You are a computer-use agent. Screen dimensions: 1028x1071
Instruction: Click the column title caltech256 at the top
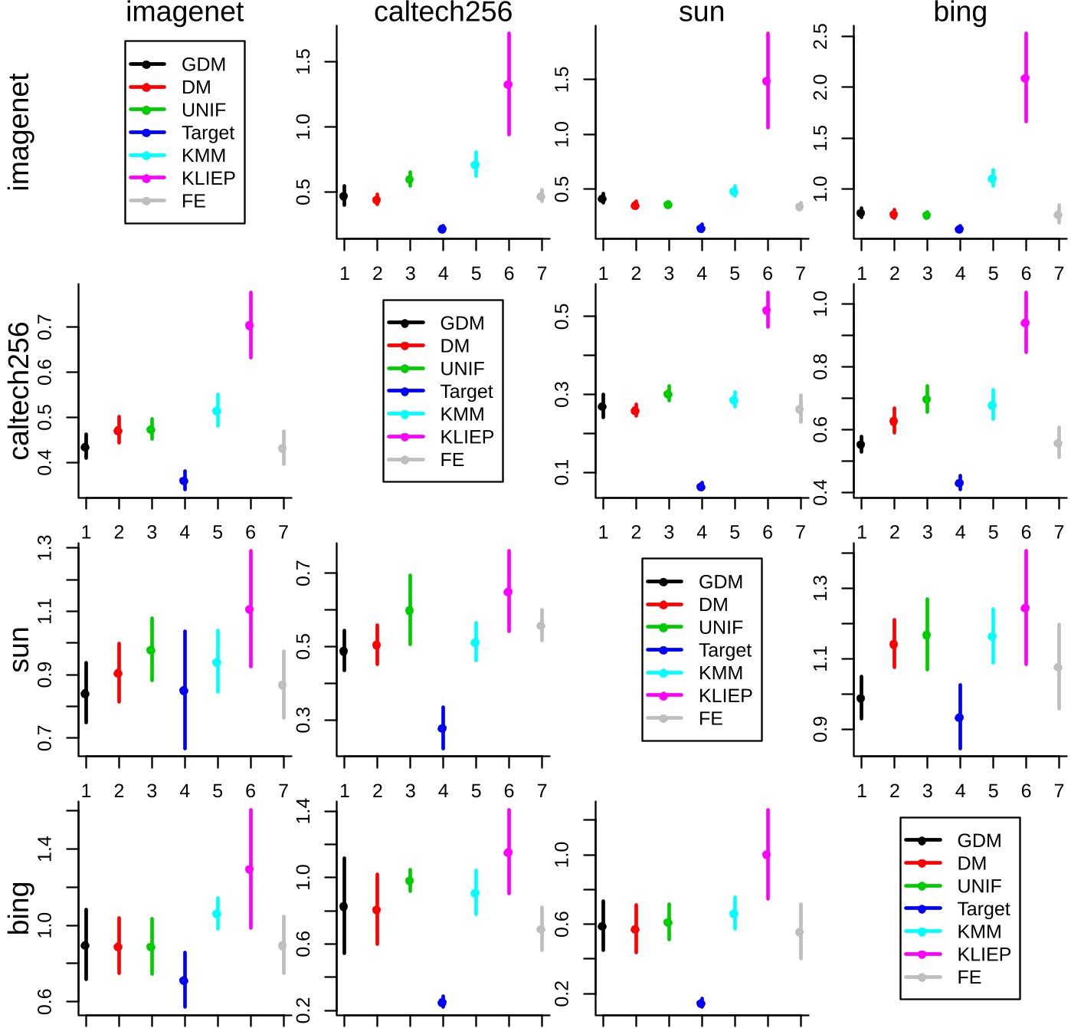click(x=443, y=12)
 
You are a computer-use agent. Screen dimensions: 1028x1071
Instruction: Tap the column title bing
click(x=960, y=12)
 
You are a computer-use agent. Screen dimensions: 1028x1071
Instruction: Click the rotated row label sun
click(x=20, y=649)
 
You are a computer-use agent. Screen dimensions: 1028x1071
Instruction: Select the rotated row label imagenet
click(x=20, y=132)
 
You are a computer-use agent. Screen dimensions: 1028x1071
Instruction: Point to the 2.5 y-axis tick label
click(x=820, y=36)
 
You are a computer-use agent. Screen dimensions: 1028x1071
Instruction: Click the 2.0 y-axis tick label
click(x=820, y=87)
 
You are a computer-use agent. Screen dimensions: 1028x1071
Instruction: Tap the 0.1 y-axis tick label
click(x=562, y=472)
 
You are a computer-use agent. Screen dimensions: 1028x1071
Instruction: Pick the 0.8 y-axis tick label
click(x=820, y=367)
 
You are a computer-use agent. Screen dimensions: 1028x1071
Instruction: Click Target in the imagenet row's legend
click(x=208, y=133)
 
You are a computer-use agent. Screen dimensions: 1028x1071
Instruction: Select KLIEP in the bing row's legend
click(x=984, y=954)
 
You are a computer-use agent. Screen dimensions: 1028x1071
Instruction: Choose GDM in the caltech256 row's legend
click(x=462, y=324)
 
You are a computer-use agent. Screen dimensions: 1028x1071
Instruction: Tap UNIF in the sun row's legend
click(x=720, y=628)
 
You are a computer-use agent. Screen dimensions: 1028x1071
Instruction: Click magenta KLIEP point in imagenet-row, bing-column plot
click(x=1025, y=78)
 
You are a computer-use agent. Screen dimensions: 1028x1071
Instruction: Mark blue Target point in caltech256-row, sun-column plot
click(x=701, y=487)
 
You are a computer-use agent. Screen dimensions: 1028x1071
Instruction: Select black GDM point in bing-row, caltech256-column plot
click(x=344, y=907)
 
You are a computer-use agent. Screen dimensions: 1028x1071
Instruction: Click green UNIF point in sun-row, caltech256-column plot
click(x=410, y=611)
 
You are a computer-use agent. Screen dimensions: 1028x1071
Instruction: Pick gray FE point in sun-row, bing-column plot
click(x=1059, y=668)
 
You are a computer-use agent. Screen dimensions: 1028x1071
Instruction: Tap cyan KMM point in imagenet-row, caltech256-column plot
click(x=476, y=165)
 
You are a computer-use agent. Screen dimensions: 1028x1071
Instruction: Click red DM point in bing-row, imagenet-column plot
click(x=118, y=947)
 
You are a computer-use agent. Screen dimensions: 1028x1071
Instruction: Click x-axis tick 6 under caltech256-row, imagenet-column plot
click(x=251, y=532)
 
